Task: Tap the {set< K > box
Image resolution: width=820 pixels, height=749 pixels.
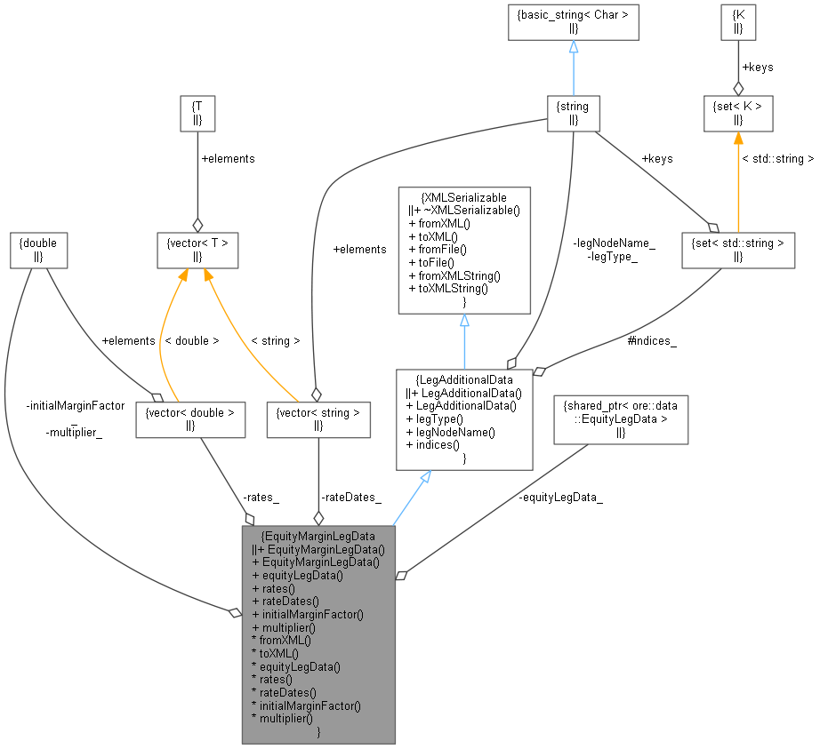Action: (x=738, y=114)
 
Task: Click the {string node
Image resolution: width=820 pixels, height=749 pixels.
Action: (x=574, y=114)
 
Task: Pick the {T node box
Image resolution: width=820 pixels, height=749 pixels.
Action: (x=197, y=114)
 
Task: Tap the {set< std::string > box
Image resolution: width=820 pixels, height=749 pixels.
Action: (x=738, y=249)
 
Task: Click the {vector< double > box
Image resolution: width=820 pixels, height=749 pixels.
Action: (x=190, y=419)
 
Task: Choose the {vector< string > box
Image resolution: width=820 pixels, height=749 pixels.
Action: (x=318, y=419)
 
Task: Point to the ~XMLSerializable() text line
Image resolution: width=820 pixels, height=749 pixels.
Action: (x=464, y=211)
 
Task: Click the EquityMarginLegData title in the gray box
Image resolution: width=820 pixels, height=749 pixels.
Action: (x=318, y=536)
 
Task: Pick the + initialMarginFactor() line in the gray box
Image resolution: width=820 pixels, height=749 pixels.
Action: (x=309, y=614)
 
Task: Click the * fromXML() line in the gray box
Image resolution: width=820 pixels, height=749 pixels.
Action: (x=282, y=640)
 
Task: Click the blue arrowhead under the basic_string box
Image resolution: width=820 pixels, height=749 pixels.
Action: (x=574, y=47)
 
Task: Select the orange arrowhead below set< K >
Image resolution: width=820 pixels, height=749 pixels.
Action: (x=738, y=139)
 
